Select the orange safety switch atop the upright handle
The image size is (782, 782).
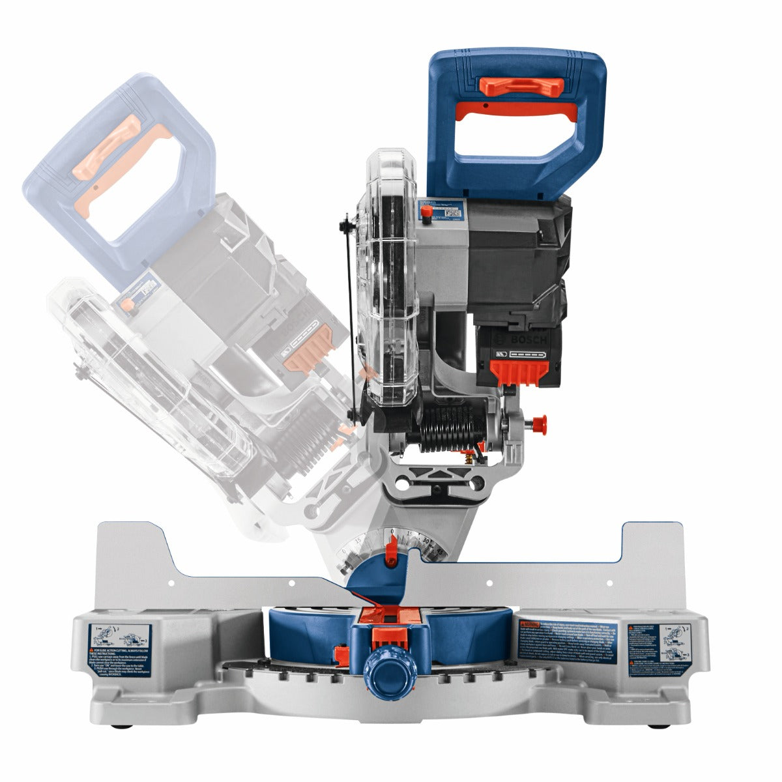click(x=521, y=85)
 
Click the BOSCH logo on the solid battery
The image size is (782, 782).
click(x=522, y=341)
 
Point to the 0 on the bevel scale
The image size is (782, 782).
click(x=392, y=533)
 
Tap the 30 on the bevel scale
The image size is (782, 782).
click(x=426, y=542)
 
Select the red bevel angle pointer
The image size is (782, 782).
click(x=391, y=551)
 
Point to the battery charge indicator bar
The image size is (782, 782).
click(x=528, y=355)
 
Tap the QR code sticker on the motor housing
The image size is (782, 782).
click(x=453, y=212)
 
